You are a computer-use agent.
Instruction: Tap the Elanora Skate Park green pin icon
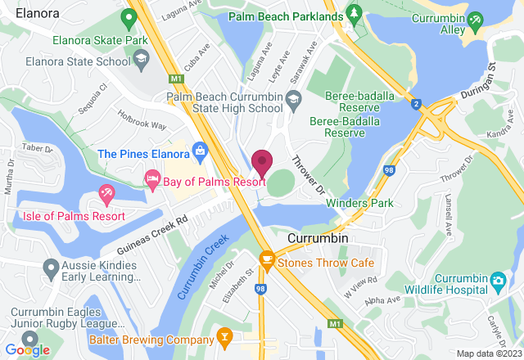[129, 17]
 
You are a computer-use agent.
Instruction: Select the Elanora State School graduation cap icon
[142, 59]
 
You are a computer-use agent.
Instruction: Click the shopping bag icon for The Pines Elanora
[199, 151]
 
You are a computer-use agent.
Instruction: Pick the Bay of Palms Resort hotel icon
[152, 178]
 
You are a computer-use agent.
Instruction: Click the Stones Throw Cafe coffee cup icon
[266, 259]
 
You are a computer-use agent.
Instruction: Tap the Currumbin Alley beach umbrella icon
[475, 17]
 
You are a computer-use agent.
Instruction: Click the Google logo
[27, 349]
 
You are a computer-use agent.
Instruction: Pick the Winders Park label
[360, 203]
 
